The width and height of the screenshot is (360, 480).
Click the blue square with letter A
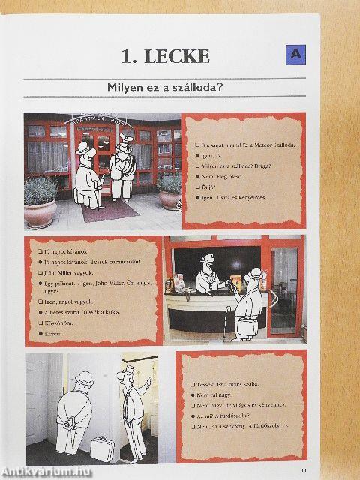(x=295, y=54)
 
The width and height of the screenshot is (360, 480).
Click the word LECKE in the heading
(x=178, y=55)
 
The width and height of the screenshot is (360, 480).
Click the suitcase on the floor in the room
(x=103, y=448)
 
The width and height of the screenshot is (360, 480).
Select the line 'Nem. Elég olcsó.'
(x=222, y=170)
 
